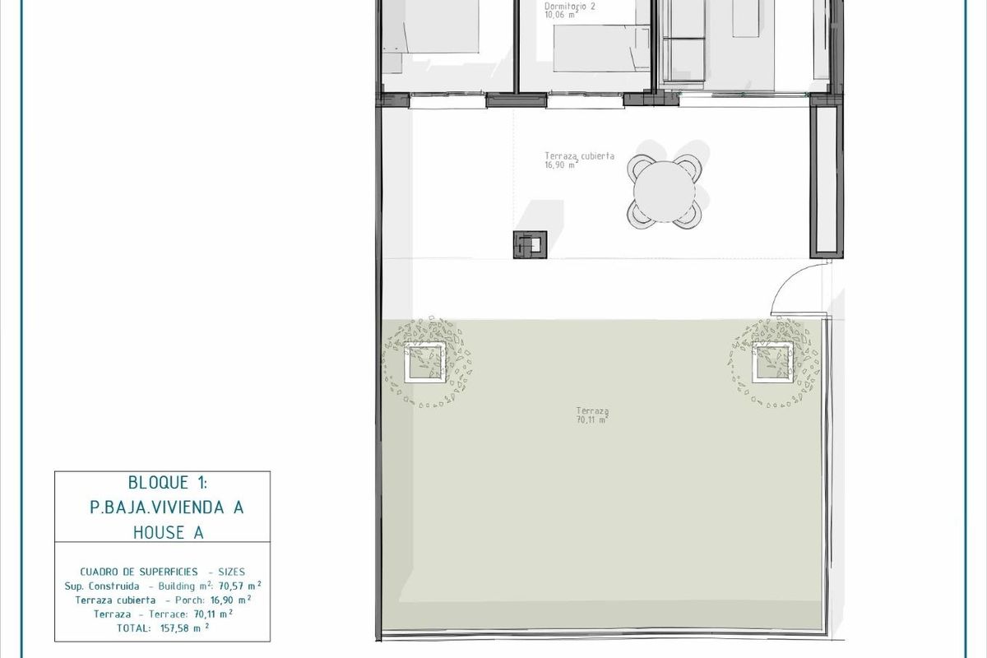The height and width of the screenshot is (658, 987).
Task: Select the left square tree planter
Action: [426, 361]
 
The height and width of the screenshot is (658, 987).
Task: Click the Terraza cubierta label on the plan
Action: [579, 155]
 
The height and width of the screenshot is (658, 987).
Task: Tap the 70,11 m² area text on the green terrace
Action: [591, 420]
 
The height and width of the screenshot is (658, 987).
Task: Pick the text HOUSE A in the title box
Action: [169, 532]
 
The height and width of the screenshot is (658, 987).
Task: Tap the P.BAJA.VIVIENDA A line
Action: [167, 507]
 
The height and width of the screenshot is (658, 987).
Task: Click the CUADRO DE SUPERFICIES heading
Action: [139, 571]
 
